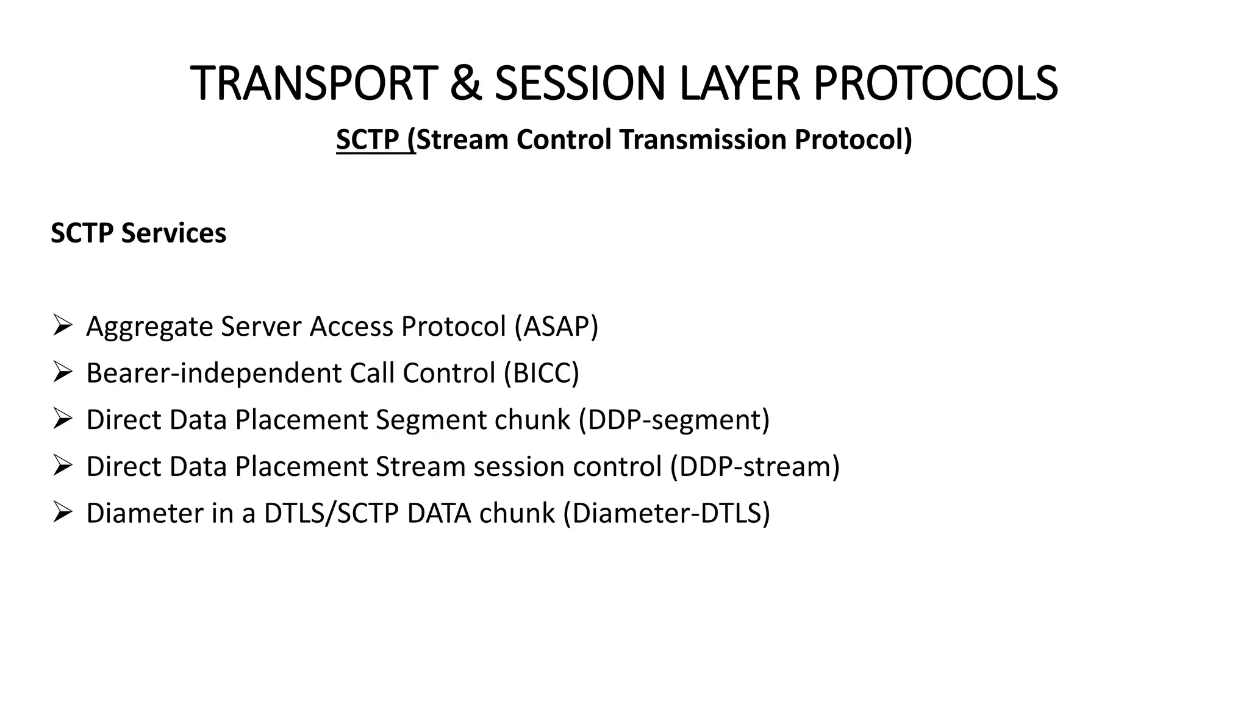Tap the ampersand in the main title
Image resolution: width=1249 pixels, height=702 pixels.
pyautogui.click(x=465, y=83)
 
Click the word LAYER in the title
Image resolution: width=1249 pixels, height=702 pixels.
pyautogui.click(x=739, y=83)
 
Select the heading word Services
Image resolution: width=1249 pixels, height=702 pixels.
pyautogui.click(x=174, y=233)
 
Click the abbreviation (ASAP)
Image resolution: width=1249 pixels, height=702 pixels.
pyautogui.click(x=556, y=327)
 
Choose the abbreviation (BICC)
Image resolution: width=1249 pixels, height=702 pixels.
pyautogui.click(x=541, y=373)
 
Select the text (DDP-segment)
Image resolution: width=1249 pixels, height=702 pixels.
pyautogui.click(x=674, y=420)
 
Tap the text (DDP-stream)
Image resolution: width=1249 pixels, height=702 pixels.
pyautogui.click(x=754, y=467)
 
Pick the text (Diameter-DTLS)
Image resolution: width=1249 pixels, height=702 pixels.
pyautogui.click(x=667, y=513)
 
